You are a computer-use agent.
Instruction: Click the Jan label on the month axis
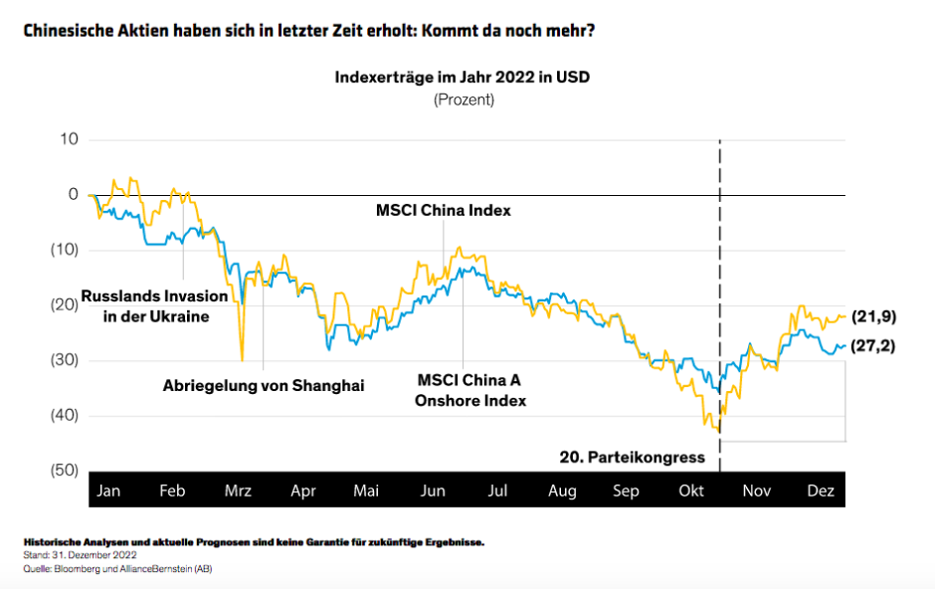[x=108, y=491]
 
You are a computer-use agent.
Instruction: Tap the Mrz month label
[x=239, y=491]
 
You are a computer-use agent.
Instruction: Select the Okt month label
[x=690, y=491]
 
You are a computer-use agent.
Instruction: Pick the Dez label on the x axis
[x=821, y=491]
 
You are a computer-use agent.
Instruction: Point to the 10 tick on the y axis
[x=68, y=138]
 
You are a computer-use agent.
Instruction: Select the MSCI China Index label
[x=443, y=210]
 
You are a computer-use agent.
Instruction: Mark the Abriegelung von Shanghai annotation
[x=264, y=385]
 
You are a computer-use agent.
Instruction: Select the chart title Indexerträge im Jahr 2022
[x=463, y=78]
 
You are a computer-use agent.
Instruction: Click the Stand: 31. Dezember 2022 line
[x=79, y=555]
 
